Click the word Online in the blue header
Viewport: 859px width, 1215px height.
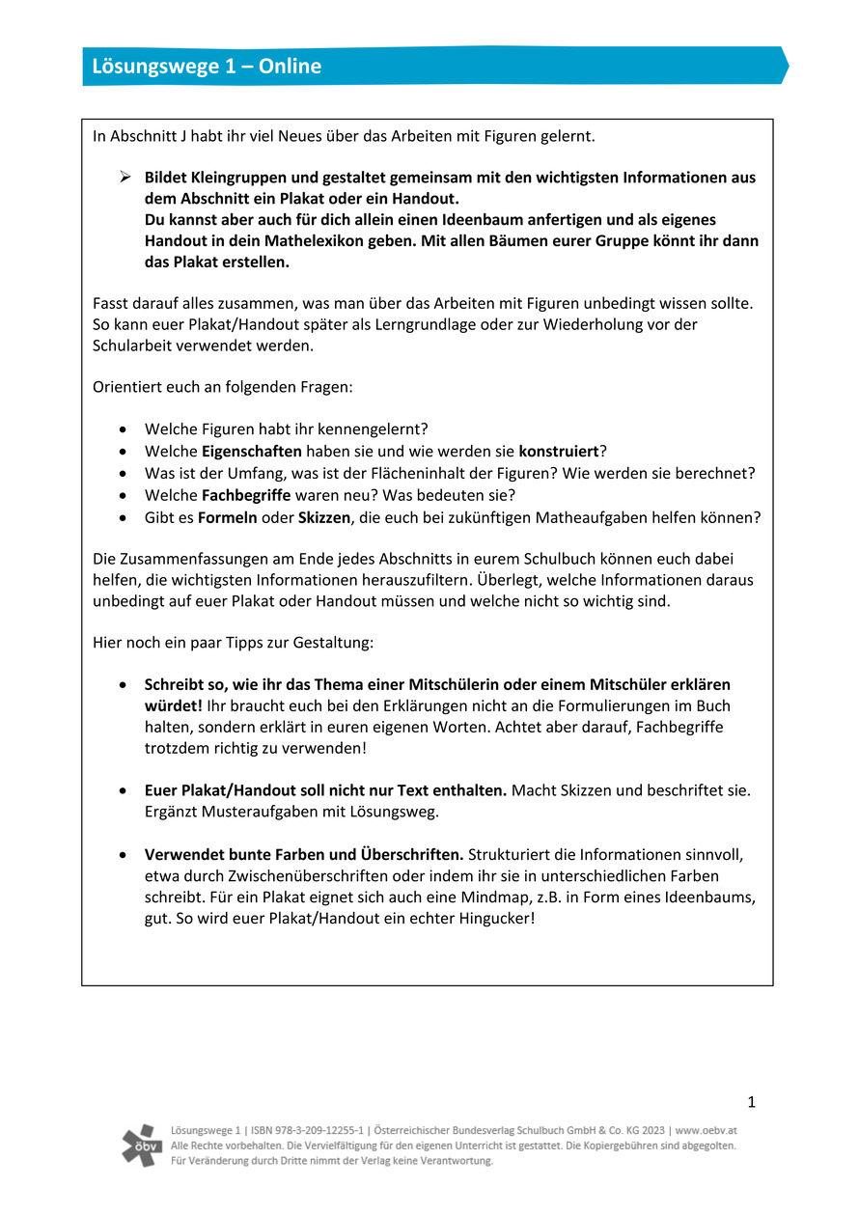click(x=289, y=67)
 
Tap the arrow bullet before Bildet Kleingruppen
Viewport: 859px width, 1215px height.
click(x=124, y=178)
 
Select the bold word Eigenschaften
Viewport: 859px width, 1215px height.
click(x=252, y=451)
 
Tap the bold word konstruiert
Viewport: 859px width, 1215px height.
click(x=559, y=451)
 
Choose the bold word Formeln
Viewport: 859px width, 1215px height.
click(x=228, y=517)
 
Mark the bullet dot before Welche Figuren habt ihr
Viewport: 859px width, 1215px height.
click(x=122, y=428)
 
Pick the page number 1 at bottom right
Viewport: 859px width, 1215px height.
click(x=752, y=1102)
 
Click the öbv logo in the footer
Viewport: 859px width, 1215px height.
click(x=143, y=1145)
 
